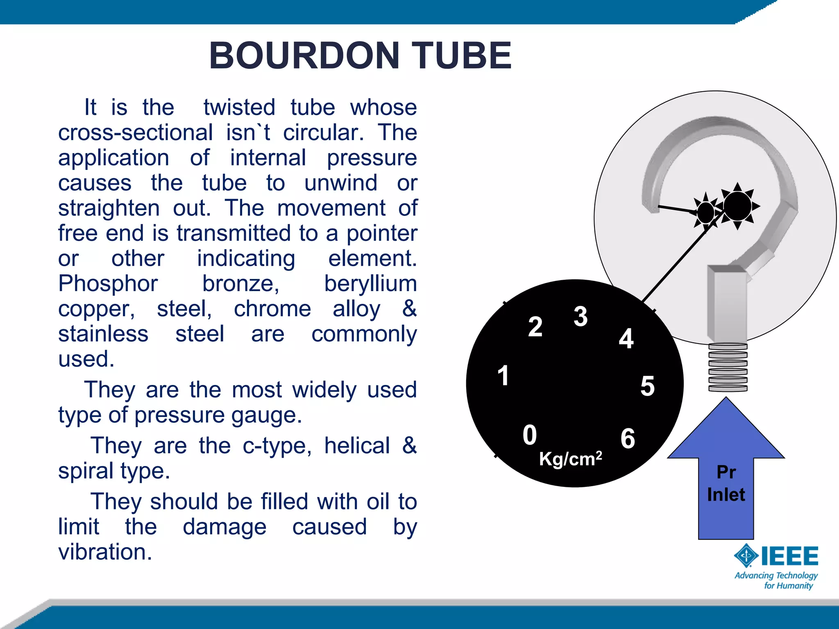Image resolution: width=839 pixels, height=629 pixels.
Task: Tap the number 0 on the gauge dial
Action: tap(530, 435)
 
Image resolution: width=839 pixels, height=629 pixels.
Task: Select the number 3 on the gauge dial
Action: tap(580, 317)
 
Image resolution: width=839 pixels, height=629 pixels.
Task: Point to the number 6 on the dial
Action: tap(628, 439)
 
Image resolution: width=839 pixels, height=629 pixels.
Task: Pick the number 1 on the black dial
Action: tap(503, 376)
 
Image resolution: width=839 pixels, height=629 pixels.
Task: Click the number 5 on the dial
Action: tap(647, 386)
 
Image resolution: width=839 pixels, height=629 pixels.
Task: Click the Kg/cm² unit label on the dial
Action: tap(570, 459)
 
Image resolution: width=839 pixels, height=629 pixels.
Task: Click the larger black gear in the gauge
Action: tap(737, 206)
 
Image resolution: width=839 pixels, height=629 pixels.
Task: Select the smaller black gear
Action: tap(706, 212)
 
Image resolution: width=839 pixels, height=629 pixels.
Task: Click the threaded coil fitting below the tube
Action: tap(728, 367)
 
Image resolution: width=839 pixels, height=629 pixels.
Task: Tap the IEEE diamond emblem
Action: tap(746, 556)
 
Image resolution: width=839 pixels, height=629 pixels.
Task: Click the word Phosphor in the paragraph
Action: tap(108, 283)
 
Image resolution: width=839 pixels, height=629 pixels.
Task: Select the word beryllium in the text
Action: tap(370, 283)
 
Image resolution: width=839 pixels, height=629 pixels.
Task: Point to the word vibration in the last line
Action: tap(105, 552)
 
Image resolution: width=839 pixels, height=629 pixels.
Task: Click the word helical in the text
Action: tap(357, 446)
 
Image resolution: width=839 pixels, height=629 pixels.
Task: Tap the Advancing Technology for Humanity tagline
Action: tap(776, 580)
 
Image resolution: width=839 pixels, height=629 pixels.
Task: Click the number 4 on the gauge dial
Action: tap(626, 339)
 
